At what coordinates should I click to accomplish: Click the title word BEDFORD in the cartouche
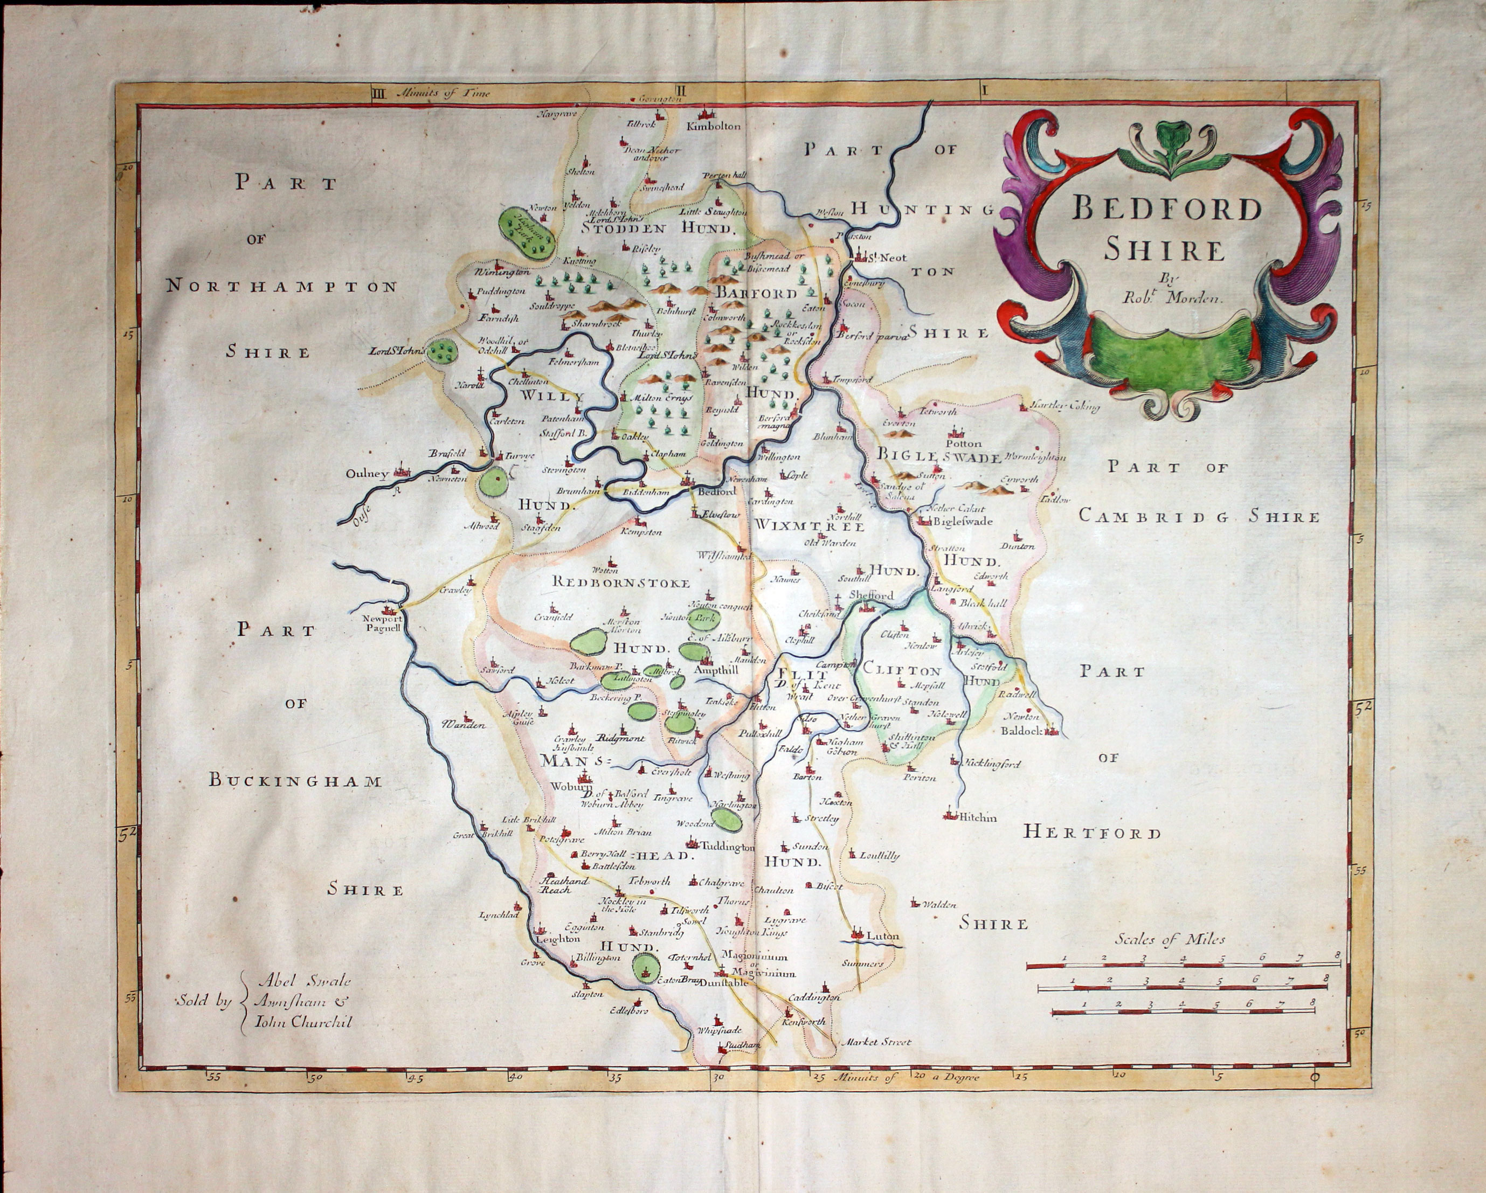coord(1167,208)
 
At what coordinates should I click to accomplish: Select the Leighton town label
coord(558,939)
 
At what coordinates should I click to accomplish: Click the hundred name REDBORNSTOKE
coord(621,583)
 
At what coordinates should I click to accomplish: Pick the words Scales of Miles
coord(1170,939)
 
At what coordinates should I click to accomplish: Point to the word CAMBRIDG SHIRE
coord(1199,517)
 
